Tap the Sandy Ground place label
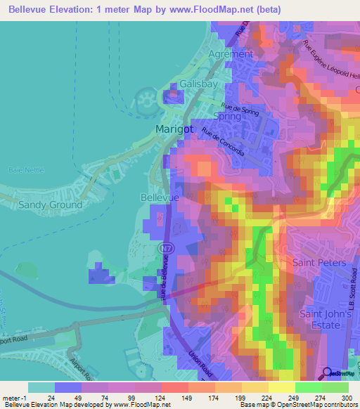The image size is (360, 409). tap(50, 204)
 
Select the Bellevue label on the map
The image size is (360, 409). tap(160, 199)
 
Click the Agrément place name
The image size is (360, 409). tap(231, 53)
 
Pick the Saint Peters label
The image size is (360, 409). tap(319, 263)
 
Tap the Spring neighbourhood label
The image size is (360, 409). tap(227, 116)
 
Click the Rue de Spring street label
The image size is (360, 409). tap(240, 109)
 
